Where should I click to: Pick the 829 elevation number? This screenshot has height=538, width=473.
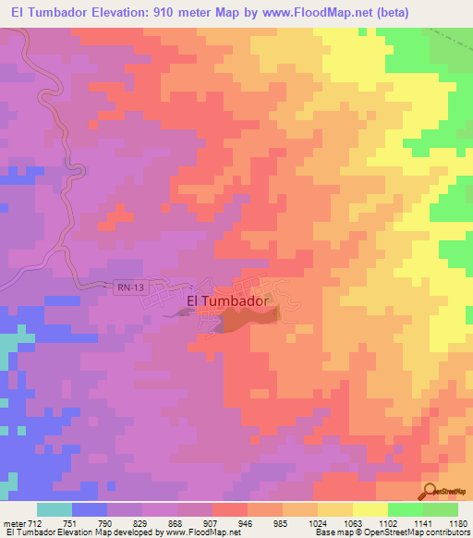click(141, 522)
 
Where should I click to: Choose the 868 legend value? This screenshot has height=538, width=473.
click(176, 522)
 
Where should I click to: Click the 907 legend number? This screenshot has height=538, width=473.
click(212, 522)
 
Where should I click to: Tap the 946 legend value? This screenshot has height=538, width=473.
click(247, 522)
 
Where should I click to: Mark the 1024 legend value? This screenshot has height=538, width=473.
click(319, 522)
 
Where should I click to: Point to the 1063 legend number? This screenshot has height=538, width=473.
click(354, 522)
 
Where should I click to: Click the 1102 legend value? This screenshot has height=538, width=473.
click(389, 522)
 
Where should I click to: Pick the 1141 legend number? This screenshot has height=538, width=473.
click(424, 522)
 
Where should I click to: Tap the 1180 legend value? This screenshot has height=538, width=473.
click(458, 522)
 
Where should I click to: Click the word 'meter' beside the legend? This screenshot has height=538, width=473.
click(12, 522)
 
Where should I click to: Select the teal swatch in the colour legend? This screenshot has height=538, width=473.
click(55, 509)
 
